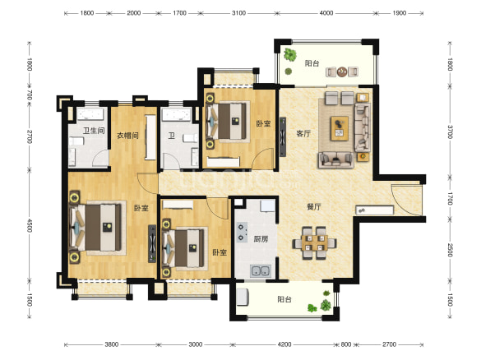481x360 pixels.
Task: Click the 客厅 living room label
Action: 303,134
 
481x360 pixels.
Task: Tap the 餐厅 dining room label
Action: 314,207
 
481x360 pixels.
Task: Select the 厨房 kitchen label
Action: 261,239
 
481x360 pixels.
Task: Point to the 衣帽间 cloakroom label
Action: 127,136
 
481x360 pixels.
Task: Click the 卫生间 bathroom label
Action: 94,131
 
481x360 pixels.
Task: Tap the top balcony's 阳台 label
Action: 312,63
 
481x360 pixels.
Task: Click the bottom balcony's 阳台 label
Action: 284,299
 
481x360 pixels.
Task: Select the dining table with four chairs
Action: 314,242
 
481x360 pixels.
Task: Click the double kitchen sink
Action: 261,270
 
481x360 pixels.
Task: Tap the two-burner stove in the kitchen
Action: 242,232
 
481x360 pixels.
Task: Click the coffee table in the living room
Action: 340,128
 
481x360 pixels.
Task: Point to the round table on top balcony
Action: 342,72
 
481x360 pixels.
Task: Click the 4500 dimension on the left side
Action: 30,225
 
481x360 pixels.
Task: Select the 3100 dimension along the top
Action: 238,13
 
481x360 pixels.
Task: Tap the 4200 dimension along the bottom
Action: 284,344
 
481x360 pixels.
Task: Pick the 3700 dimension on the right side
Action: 450,132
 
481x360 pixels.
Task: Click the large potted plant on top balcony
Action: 290,55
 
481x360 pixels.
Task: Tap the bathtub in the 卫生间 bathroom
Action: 90,115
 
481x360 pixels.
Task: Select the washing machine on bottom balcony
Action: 242,298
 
